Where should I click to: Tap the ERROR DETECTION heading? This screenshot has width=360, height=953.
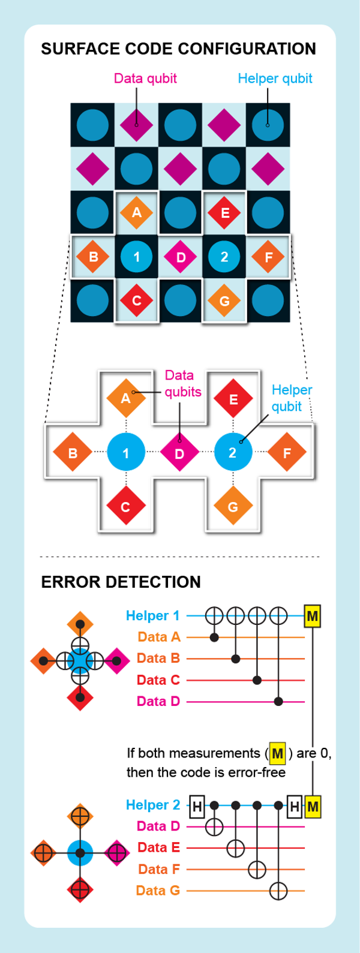[121, 582]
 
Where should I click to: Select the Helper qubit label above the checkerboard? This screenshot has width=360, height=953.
[275, 79]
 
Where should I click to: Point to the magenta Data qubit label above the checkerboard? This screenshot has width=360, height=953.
[145, 79]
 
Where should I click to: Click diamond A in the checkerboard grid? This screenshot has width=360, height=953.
[137, 212]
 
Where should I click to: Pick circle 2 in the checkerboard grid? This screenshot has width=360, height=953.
[224, 257]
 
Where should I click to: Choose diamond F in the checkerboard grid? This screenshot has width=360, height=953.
[268, 257]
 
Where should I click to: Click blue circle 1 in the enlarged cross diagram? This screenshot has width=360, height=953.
[126, 453]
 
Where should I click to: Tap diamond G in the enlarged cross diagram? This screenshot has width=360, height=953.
[233, 507]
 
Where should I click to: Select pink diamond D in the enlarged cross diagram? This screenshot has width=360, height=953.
[179, 453]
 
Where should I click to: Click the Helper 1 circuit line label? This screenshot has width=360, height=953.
[152, 615]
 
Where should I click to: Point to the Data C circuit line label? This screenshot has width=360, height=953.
[158, 680]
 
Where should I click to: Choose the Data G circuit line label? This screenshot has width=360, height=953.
[158, 891]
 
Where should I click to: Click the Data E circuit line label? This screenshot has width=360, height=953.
[158, 847]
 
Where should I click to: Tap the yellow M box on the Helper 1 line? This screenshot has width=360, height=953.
[312, 615]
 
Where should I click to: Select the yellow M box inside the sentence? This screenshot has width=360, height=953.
[277, 753]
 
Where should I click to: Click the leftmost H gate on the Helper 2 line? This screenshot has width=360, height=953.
[197, 806]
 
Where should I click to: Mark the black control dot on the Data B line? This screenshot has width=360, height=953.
[236, 659]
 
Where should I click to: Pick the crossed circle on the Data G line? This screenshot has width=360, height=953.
[278, 891]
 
